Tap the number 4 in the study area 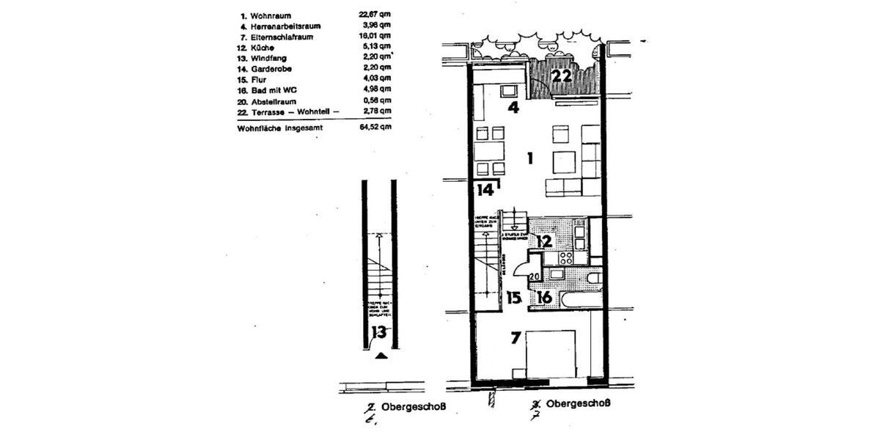point(514,108)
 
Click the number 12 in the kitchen point(543,241)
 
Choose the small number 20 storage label point(534,276)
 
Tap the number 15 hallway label point(514,298)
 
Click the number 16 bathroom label point(543,298)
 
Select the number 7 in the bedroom point(516,338)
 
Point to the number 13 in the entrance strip point(378,332)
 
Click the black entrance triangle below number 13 point(380,356)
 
